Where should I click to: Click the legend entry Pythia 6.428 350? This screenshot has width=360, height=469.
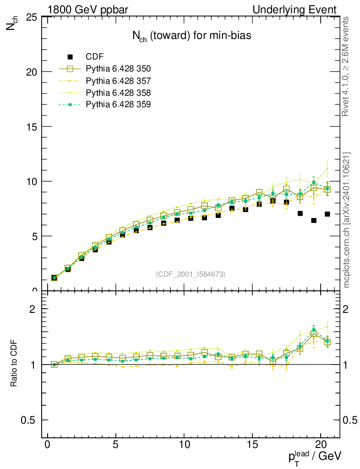coord(118,69)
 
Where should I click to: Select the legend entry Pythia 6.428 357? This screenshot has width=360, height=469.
coord(118,81)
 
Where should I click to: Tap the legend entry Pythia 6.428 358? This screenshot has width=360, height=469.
coord(118,93)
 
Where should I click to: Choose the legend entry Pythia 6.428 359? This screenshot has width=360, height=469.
coord(118,105)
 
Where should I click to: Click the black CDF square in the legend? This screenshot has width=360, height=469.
coord(70,57)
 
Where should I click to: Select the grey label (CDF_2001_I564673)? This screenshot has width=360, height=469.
coord(191,274)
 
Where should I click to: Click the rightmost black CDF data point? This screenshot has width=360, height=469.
coord(327,214)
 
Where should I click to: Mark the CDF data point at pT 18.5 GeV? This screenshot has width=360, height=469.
coord(300,213)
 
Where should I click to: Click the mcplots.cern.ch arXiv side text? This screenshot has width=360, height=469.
coord(347,220)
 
